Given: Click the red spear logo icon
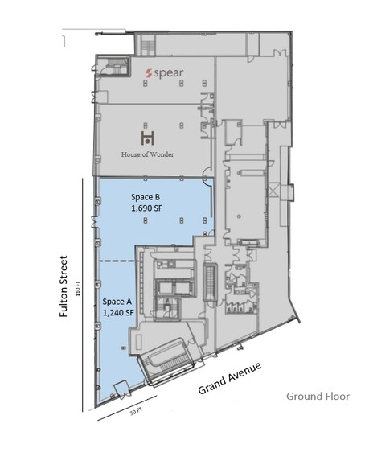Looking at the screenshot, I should coord(149,72).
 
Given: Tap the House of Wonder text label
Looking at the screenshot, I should coord(147,154).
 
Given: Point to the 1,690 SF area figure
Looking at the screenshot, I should coord(147,208).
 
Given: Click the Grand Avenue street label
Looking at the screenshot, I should coord(234,377).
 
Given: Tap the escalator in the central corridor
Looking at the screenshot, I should coord(211,282).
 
